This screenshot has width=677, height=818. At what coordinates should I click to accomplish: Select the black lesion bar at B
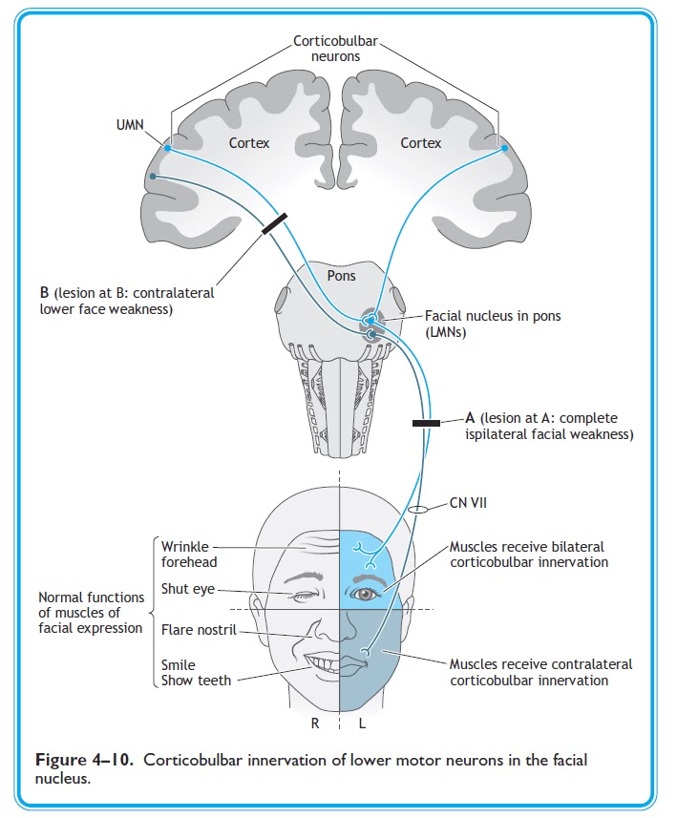(x=274, y=222)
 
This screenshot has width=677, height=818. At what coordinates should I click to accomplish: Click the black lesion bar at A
(x=425, y=422)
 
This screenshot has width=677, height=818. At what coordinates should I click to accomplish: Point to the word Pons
(x=341, y=276)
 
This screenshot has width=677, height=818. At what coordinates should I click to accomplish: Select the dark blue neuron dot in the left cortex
(x=151, y=178)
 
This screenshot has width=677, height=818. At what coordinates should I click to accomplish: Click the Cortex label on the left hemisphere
(x=249, y=143)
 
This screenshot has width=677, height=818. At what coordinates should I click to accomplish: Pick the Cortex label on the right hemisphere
(x=421, y=143)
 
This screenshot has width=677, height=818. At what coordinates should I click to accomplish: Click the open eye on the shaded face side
(x=366, y=595)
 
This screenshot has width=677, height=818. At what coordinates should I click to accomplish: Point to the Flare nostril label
(x=199, y=630)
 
